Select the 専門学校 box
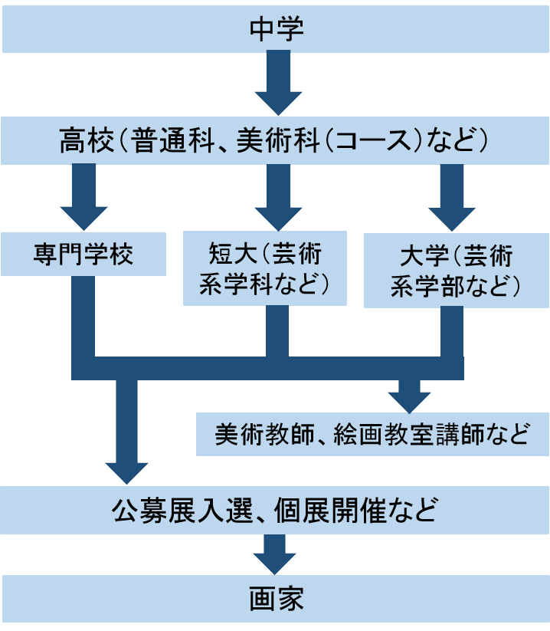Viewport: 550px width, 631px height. pyautogui.click(x=83, y=253)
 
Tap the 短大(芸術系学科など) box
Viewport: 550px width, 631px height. pyautogui.click(x=265, y=269)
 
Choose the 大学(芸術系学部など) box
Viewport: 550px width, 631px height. pyautogui.click(x=457, y=269)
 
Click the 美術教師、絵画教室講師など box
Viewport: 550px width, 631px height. pyautogui.click(x=372, y=435)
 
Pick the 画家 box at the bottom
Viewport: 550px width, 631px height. pyautogui.click(x=276, y=599)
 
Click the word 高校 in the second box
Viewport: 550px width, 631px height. pyautogui.click(x=83, y=141)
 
